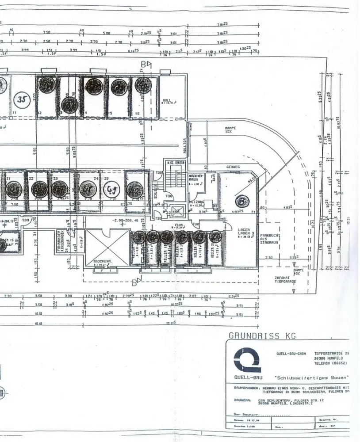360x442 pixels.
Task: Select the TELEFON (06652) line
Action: coord(331,363)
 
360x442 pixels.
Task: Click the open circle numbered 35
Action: coord(21,99)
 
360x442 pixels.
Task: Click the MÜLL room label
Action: coord(167,102)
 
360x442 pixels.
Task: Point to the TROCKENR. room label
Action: coord(103,262)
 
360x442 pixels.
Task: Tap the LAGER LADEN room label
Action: coord(244,232)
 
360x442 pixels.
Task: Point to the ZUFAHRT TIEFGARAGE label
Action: coord(282,279)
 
